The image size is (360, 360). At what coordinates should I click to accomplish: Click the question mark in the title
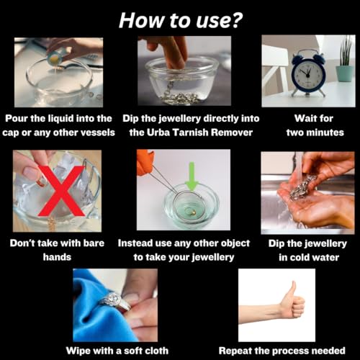(235, 20)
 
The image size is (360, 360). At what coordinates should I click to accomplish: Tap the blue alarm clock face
(308, 74)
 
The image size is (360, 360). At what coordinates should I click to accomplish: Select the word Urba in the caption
(158, 132)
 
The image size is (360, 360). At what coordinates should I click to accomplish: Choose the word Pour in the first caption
(17, 118)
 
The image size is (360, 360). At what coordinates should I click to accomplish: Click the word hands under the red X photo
(57, 257)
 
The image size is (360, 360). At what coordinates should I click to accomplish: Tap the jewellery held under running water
(303, 187)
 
